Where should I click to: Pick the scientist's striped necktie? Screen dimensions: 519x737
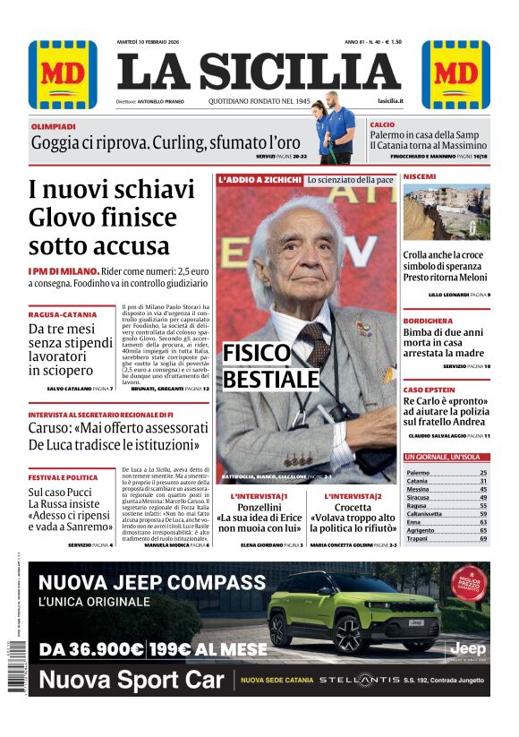click(x=316, y=341)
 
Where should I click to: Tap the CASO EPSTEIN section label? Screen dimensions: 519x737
click(x=430, y=390)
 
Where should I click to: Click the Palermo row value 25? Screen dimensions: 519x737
click(x=483, y=472)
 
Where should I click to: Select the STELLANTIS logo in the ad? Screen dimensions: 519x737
click(x=362, y=680)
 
